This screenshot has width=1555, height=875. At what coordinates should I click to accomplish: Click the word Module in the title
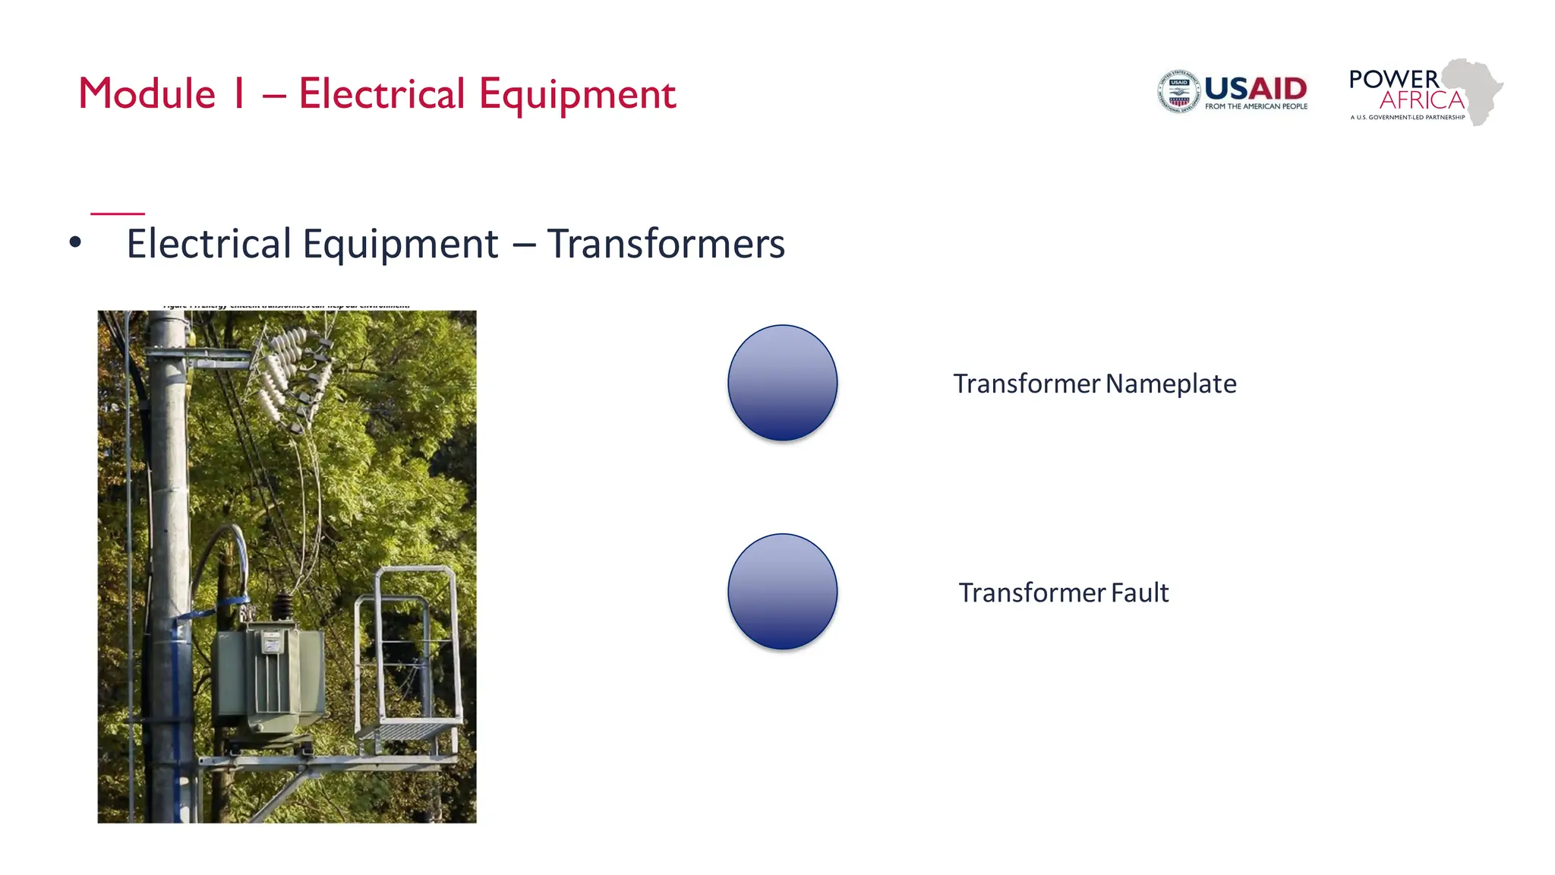point(147,94)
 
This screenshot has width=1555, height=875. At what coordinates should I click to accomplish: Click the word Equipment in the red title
point(577,94)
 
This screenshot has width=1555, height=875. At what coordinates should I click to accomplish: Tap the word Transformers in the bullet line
point(666,244)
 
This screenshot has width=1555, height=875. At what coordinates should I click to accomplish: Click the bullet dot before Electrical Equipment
point(74,243)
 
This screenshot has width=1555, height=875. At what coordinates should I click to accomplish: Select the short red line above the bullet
point(118,213)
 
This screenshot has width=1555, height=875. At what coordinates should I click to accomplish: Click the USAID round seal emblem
point(1178,92)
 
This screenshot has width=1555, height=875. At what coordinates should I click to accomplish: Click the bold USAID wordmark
point(1256,88)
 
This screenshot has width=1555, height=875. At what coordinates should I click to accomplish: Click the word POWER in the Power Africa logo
point(1393,79)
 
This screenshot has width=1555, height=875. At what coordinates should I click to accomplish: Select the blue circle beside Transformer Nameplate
point(782,383)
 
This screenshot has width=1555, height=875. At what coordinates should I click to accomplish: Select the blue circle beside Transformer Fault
point(782,592)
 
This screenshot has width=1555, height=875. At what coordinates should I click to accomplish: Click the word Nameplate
point(1171,384)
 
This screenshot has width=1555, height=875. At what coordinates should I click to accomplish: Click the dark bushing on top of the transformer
point(283,607)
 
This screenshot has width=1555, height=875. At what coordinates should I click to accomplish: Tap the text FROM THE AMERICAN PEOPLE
point(1256,106)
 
